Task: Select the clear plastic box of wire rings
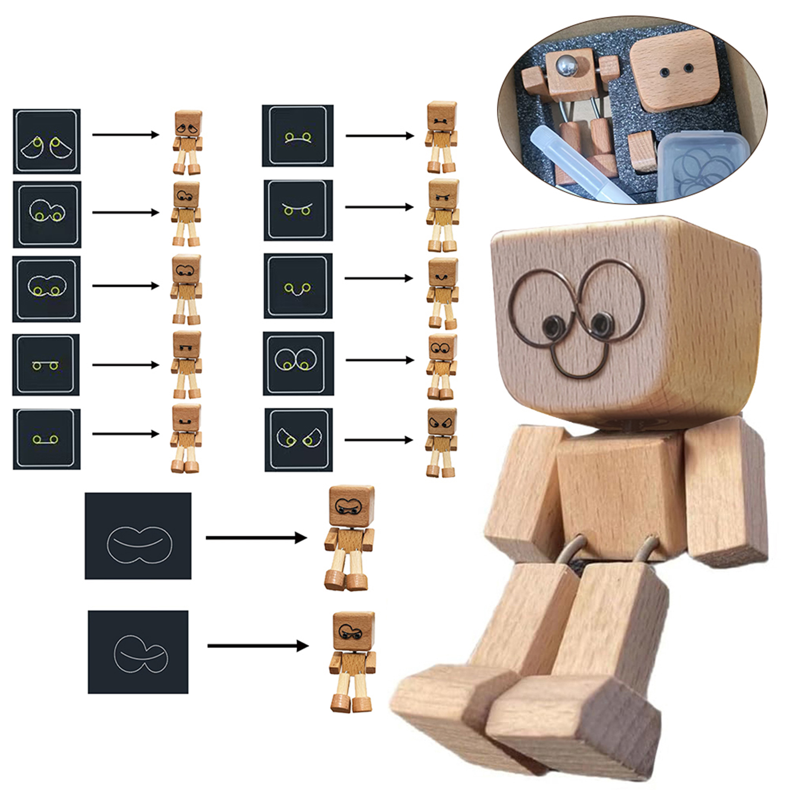click(698, 166)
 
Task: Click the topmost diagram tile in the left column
click(47, 142)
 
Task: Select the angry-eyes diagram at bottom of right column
click(299, 440)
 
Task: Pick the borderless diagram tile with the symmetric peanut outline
click(138, 536)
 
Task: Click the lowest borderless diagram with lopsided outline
click(138, 652)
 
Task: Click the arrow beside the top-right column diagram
click(380, 135)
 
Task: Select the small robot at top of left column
click(188, 143)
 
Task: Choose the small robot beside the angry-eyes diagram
click(441, 442)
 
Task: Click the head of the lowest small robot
click(353, 631)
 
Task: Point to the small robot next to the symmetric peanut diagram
click(350, 538)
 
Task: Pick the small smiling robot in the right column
click(442, 293)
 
